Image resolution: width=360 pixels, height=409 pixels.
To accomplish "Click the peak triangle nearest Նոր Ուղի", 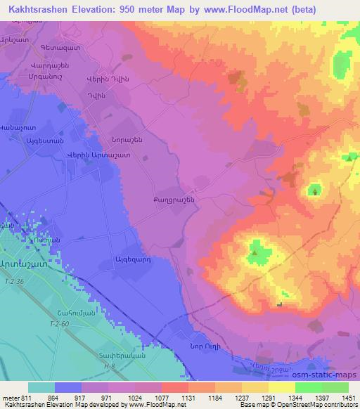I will (279, 304).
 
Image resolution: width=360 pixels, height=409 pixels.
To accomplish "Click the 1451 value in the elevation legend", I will (347, 397).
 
